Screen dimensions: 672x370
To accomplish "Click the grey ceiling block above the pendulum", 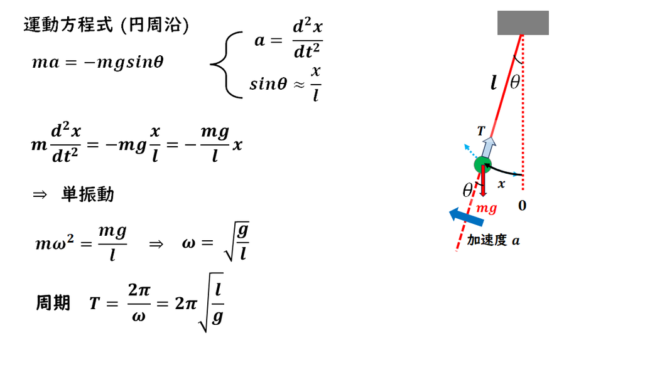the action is click(x=523, y=23).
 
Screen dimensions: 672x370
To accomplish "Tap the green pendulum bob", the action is click(x=482, y=165).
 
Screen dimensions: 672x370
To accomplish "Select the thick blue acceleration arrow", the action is click(x=466, y=216).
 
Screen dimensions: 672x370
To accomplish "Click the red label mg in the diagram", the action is click(x=487, y=208).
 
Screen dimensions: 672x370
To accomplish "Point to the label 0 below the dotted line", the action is click(x=522, y=206).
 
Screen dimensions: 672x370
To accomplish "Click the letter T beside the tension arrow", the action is click(x=481, y=131).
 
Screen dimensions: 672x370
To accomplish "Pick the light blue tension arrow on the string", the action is click(x=488, y=147).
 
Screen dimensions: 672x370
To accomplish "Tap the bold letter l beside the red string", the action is click(x=494, y=82).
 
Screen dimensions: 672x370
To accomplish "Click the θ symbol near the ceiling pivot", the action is click(x=515, y=82).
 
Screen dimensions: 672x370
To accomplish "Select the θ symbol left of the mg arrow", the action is click(x=467, y=189).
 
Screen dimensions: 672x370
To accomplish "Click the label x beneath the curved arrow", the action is click(x=501, y=184).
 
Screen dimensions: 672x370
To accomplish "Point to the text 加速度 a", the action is click(x=493, y=240).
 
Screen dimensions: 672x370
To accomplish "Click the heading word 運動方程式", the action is click(x=68, y=25).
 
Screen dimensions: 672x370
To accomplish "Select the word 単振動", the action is click(x=88, y=194).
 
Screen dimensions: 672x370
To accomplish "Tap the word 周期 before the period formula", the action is click(x=53, y=303).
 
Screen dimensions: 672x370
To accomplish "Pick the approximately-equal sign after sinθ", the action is click(x=299, y=84).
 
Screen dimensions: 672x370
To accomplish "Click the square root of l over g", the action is click(x=211, y=302).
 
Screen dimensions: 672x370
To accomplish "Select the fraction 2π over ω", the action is click(x=139, y=302).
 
